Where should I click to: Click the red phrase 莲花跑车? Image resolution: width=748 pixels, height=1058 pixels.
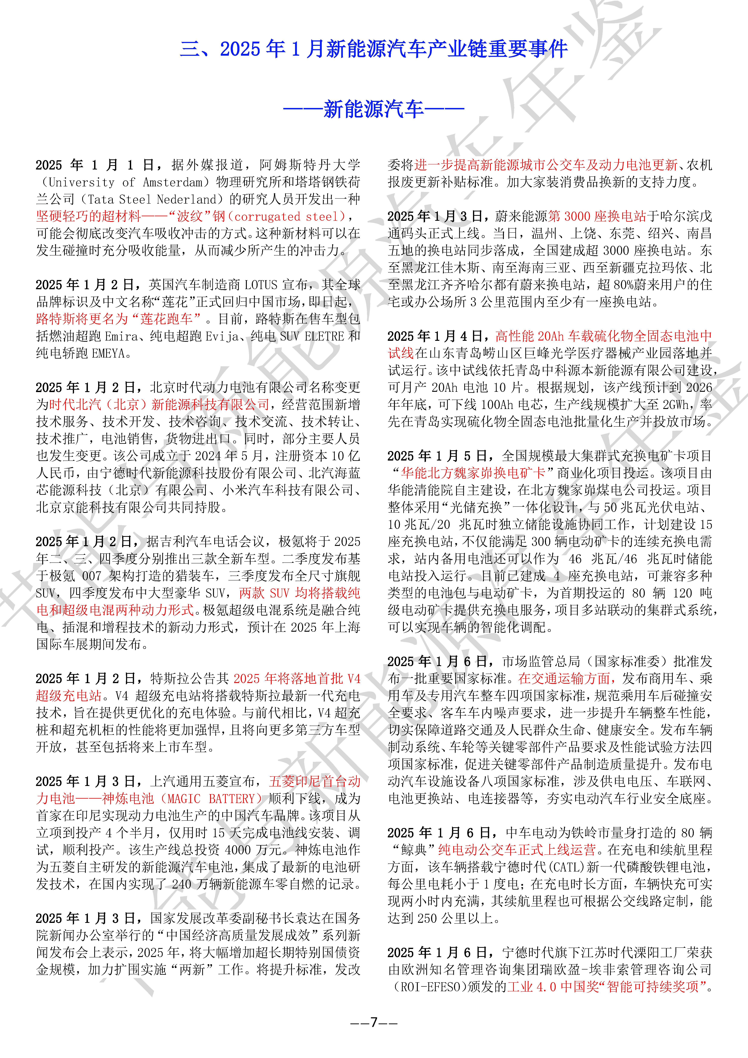(166, 319)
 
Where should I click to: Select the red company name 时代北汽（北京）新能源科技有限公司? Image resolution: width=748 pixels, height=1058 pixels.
(159, 405)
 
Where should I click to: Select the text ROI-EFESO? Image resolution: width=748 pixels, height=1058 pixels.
(431, 987)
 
